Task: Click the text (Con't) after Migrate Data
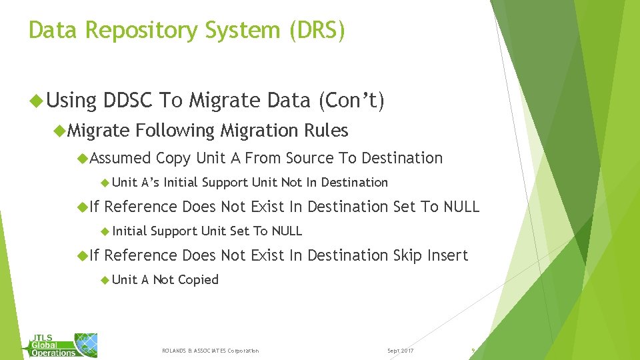(x=351, y=101)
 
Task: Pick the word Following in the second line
(x=175, y=131)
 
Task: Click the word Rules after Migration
(x=326, y=131)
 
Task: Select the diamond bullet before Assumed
(x=83, y=159)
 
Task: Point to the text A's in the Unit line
(x=151, y=183)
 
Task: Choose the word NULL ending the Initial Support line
(x=287, y=231)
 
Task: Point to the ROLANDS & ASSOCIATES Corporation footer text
(x=211, y=351)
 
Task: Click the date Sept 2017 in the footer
(x=400, y=351)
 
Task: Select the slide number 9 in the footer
(x=472, y=350)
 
